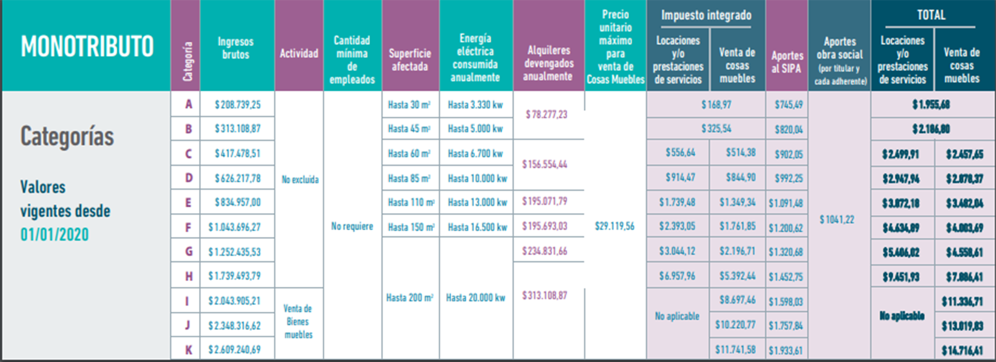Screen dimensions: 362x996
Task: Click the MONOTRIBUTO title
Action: [x=87, y=47]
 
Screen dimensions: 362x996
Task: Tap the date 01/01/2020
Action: [x=54, y=234]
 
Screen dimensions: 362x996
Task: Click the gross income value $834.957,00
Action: [x=238, y=202]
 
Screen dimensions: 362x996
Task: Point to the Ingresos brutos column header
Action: [x=236, y=48]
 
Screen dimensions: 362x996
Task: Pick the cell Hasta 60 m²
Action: [x=409, y=154]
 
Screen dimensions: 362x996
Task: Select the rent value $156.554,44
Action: [x=545, y=164]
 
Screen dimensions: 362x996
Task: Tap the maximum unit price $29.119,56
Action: [x=615, y=226]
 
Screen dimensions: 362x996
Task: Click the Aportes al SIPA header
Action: [x=787, y=62]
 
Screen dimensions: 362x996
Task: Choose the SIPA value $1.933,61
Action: [x=786, y=351]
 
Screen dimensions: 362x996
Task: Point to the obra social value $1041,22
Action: [x=837, y=220]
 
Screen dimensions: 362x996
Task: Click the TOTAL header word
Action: [x=931, y=15]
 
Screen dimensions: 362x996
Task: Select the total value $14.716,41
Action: [x=962, y=351]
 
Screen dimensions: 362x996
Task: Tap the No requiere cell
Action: [x=352, y=226]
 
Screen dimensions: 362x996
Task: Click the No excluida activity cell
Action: [x=300, y=179]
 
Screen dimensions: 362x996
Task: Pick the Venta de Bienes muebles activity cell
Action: [x=298, y=322]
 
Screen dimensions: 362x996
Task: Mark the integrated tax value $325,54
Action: [x=716, y=129]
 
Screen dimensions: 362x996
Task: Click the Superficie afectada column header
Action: [x=410, y=60]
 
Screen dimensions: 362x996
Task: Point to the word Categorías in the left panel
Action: [x=67, y=137]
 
